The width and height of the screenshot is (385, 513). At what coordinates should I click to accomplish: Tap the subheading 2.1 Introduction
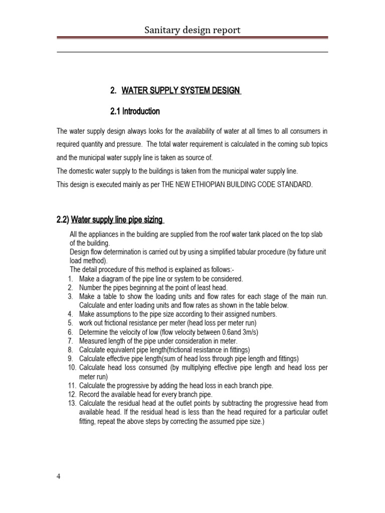point(134,111)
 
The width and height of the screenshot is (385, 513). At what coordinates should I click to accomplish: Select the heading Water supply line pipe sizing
point(117,219)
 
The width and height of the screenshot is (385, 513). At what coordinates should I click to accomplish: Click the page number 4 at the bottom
point(59,476)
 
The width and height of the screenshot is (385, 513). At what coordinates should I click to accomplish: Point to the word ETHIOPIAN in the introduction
point(209,184)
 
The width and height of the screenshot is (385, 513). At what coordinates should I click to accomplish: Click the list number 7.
point(70,341)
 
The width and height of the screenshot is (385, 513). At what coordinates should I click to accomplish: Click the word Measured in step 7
point(93,341)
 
